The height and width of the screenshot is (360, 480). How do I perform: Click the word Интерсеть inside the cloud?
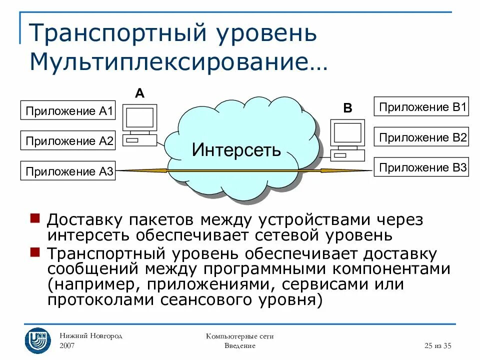coord(236,149)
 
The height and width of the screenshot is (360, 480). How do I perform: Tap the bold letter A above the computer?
coord(139,93)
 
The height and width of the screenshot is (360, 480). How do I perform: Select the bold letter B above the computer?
coord(347,108)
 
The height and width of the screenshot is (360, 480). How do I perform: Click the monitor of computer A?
coord(140,118)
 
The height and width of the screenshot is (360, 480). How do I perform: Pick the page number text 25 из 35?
coord(437,345)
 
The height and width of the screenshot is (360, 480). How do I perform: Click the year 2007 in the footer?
coord(68,345)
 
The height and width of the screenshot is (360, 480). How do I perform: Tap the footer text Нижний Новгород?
coord(91,335)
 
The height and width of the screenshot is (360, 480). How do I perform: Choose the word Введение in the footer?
coord(239,345)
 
